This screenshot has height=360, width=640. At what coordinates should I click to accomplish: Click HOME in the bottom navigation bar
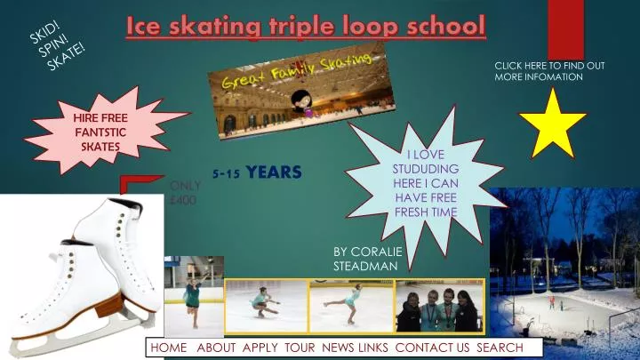click(169, 348)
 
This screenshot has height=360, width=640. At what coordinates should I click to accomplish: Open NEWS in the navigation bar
click(338, 348)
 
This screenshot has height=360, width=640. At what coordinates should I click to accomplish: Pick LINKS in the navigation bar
click(373, 348)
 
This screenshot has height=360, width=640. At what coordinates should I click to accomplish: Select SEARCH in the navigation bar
click(500, 348)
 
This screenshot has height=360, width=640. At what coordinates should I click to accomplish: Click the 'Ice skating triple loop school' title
click(306, 26)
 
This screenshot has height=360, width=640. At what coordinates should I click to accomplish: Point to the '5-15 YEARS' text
click(258, 172)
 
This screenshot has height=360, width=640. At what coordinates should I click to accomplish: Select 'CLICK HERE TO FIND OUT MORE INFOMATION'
click(549, 71)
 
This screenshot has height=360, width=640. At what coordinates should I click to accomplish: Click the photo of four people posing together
click(439, 307)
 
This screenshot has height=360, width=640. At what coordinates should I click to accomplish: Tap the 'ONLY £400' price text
click(185, 193)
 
